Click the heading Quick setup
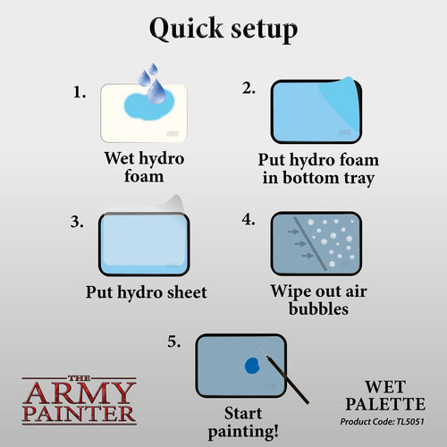223,29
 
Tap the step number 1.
80,91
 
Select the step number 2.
249,87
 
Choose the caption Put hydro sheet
147,291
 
